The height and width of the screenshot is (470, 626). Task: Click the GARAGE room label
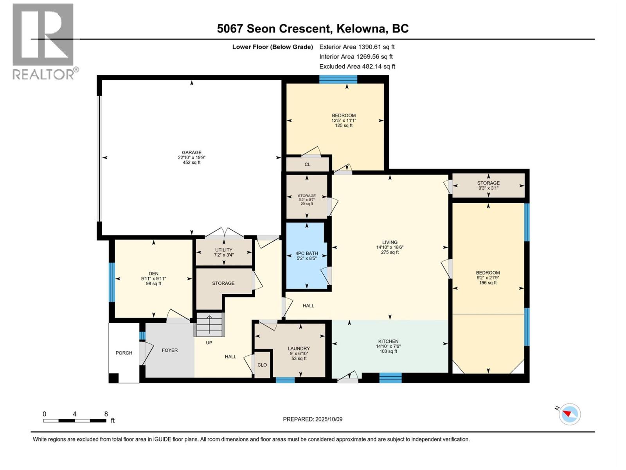coord(191,153)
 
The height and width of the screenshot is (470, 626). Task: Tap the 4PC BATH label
coord(307,253)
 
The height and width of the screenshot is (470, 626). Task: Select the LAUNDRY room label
coord(299,349)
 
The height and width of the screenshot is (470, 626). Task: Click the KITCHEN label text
coord(388,342)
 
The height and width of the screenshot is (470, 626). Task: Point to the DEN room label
coord(153,274)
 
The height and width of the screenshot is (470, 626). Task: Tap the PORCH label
coord(124,353)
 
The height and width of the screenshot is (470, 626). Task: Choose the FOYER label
coord(169,350)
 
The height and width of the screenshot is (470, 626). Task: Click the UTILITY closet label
coord(223,250)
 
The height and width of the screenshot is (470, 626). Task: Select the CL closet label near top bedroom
coord(307,164)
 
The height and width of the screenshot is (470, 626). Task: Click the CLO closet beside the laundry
coord(262,365)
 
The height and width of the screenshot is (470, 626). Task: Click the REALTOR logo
coord(43,41)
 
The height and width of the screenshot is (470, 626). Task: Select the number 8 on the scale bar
coord(106,414)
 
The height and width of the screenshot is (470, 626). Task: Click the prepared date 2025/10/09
coord(329,419)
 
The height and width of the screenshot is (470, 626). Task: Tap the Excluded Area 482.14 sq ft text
coord(357,67)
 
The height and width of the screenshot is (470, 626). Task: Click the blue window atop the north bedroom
coord(338,80)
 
